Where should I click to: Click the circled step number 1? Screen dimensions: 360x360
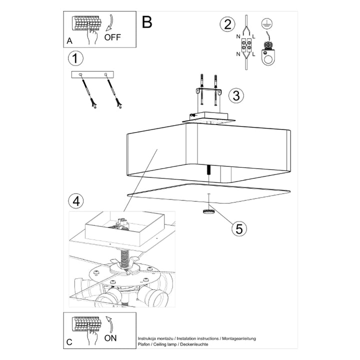74,58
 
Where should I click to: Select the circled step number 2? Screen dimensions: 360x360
228,23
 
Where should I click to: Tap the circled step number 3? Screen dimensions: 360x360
236,94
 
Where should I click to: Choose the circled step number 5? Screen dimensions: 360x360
238,228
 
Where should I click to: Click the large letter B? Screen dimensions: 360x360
146,21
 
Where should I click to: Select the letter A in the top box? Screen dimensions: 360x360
69,40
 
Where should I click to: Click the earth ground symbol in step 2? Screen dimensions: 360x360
264,23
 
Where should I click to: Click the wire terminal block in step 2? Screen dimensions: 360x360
246,47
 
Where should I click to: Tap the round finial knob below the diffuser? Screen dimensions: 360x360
208,211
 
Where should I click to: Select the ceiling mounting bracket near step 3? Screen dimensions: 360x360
209,94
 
